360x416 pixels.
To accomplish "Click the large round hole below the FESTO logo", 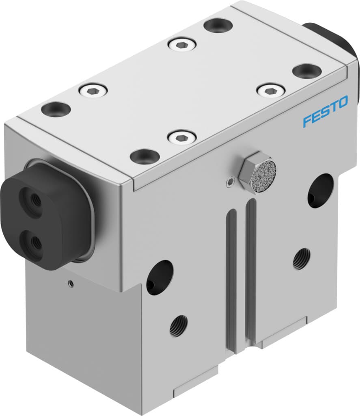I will click(320, 190).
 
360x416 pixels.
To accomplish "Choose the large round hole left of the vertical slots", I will click(160, 277).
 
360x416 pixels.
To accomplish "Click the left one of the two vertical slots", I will click(231, 280).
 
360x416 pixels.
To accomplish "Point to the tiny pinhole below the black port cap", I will click(71, 283).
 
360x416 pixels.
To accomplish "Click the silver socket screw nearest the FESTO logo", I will click(271, 90).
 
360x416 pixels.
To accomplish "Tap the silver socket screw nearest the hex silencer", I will click(182, 137).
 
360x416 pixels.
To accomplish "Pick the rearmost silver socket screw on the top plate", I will click(182, 43).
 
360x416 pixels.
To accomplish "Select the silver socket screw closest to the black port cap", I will click(93, 90).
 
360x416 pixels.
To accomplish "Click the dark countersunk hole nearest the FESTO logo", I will click(307, 71).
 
